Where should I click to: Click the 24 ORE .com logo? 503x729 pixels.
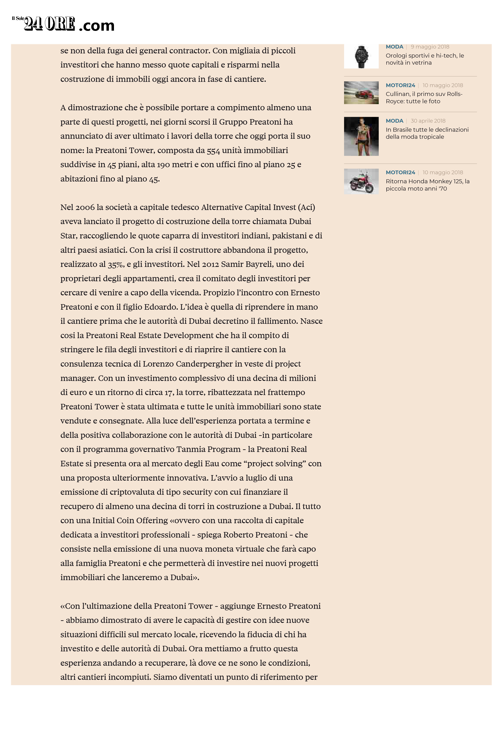[x=63, y=24]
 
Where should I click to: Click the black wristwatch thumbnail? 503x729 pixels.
[x=361, y=57]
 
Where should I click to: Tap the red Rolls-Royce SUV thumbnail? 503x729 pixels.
[x=361, y=93]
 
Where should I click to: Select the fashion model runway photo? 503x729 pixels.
[x=361, y=136]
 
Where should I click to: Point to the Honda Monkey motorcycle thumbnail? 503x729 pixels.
[x=361, y=181]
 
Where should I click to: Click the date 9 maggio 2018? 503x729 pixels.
[x=430, y=47]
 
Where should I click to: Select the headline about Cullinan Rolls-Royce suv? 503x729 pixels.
[x=424, y=97]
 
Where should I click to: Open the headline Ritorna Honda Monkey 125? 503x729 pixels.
[x=427, y=185]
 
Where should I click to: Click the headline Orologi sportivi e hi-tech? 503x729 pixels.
[x=425, y=59]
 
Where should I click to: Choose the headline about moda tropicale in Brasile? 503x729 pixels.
[x=427, y=133]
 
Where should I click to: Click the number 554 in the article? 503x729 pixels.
[x=213, y=151]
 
